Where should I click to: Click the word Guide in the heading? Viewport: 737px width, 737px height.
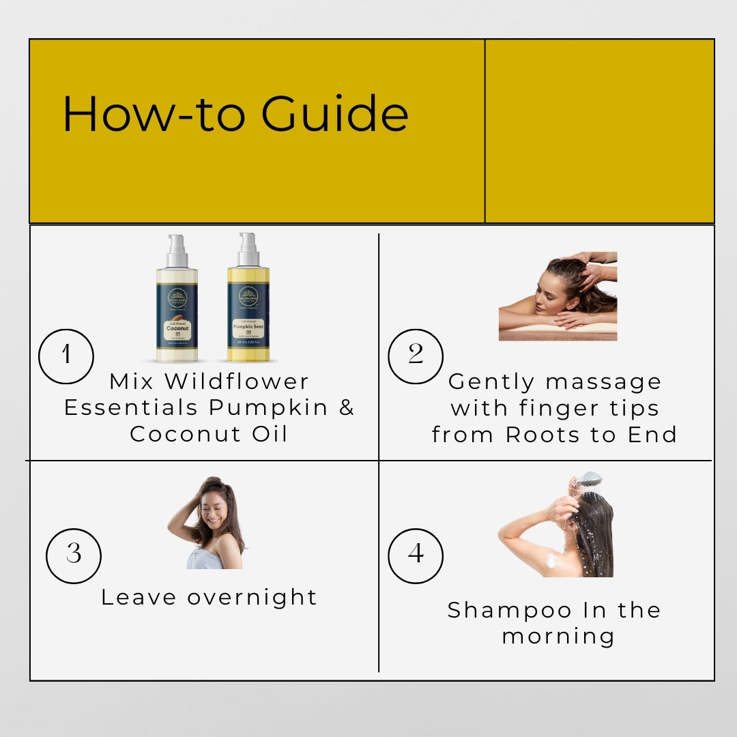[335, 114]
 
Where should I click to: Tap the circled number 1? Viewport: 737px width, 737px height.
[66, 356]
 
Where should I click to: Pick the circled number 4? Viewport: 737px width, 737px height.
[416, 555]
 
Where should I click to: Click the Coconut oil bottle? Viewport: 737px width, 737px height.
[177, 300]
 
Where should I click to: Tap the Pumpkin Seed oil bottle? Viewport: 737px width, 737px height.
[248, 300]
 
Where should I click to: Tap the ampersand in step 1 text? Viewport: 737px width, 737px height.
[347, 407]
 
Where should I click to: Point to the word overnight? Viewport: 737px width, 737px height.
[252, 597]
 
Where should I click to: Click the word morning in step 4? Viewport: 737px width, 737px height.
[558, 636]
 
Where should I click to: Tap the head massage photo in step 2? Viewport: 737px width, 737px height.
[558, 296]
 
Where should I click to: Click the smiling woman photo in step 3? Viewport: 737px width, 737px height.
[206, 523]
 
